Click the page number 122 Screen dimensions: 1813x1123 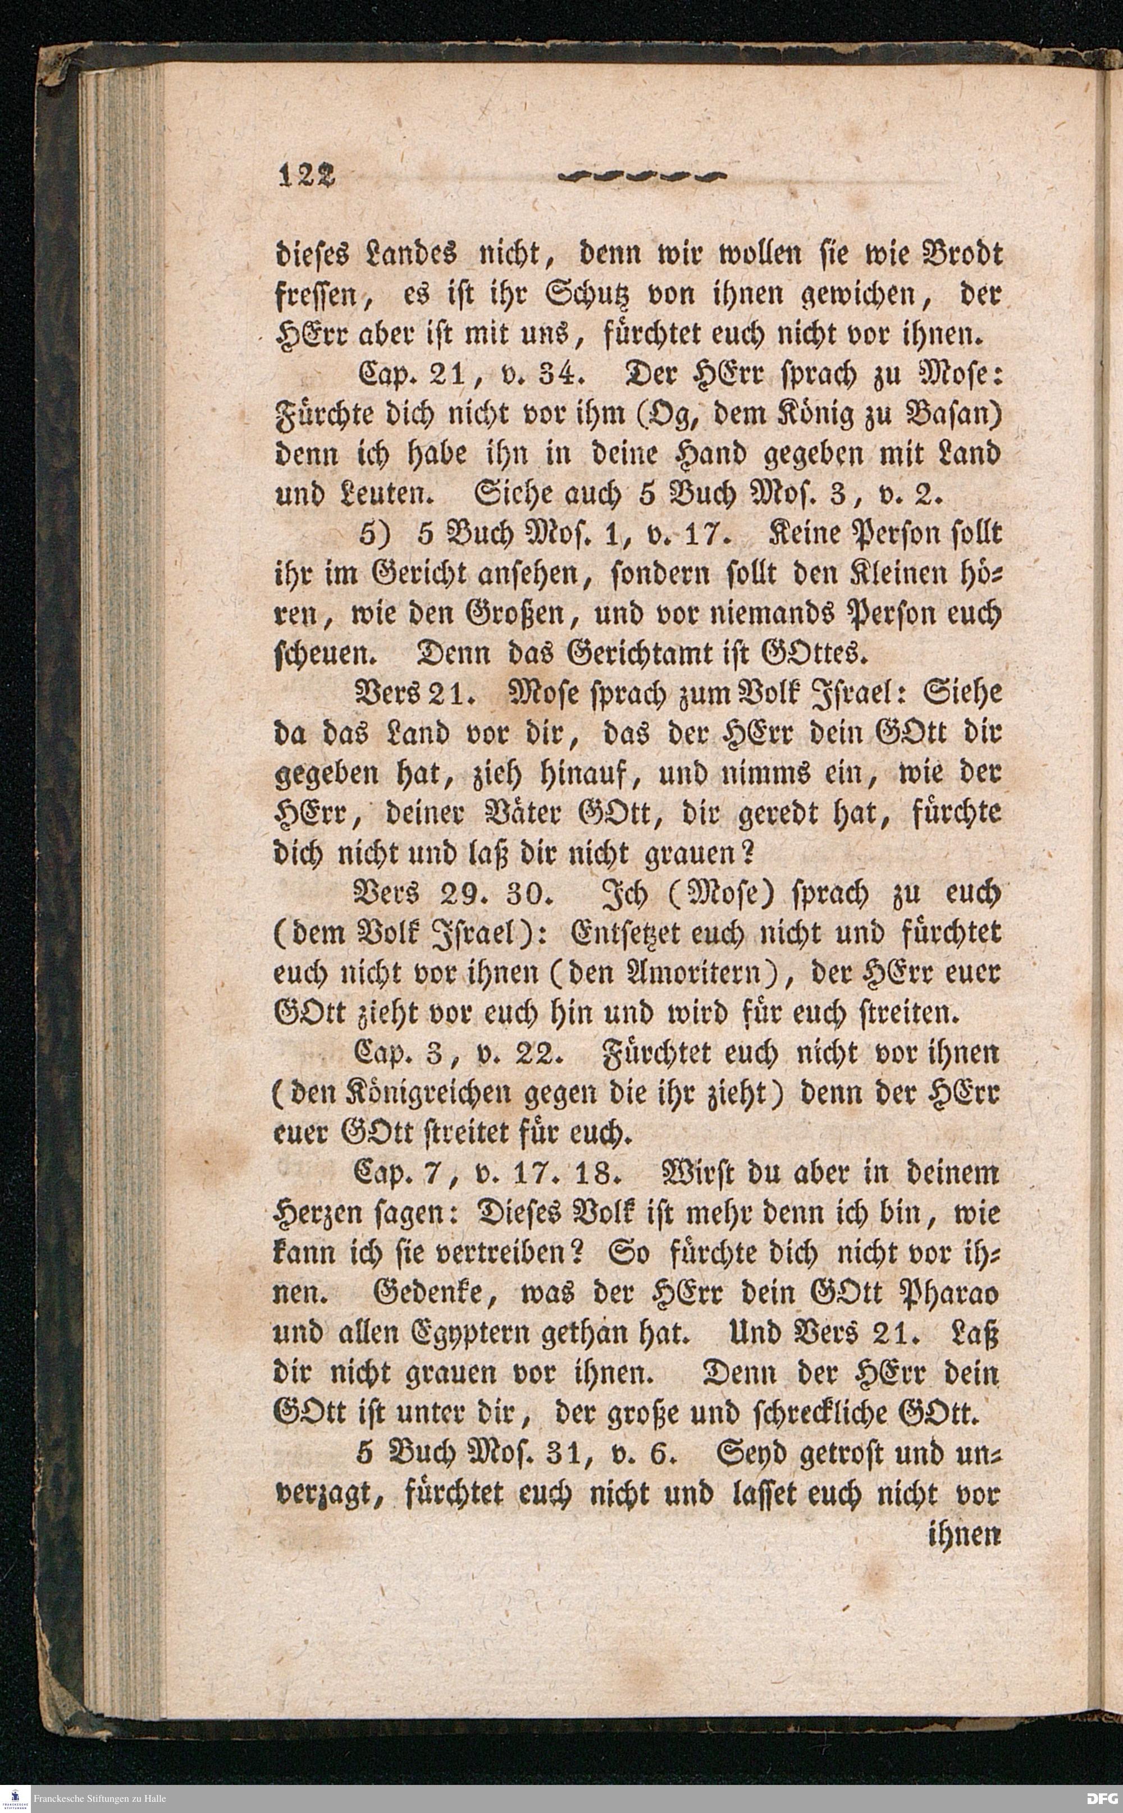point(307,175)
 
